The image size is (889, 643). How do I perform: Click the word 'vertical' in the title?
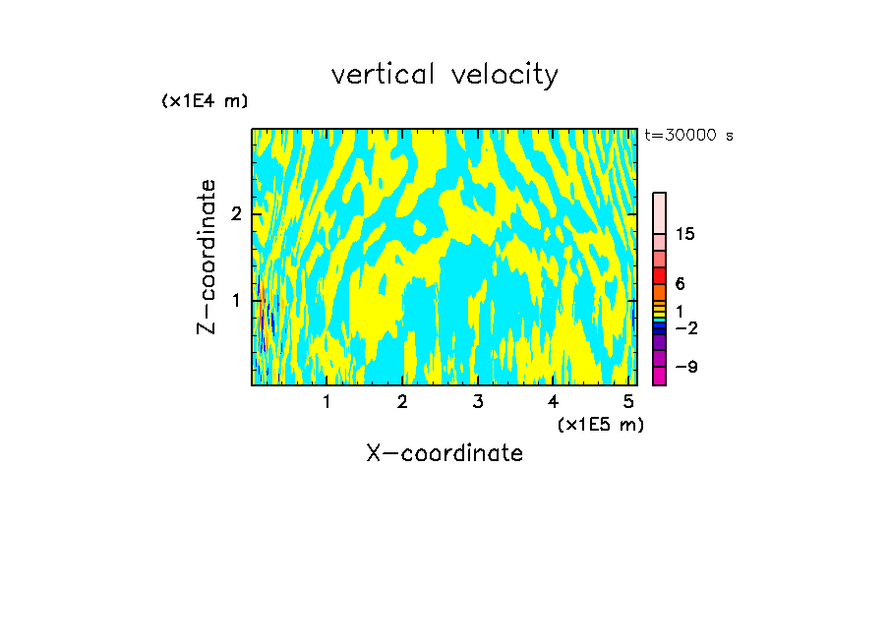(x=384, y=75)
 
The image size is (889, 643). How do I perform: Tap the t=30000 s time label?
(x=688, y=136)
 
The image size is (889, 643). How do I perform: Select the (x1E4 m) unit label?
(x=205, y=101)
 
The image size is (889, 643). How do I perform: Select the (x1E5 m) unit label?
(x=600, y=424)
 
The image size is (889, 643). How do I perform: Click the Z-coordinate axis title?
(x=207, y=257)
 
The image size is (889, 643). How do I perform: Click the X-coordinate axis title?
(x=444, y=453)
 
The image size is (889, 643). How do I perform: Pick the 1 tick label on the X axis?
(x=326, y=402)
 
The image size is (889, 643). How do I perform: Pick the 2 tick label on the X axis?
(x=402, y=402)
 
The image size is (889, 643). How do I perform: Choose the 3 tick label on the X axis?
(x=477, y=402)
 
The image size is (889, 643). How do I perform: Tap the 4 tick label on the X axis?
(x=553, y=402)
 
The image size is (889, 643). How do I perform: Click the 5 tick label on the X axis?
(x=627, y=402)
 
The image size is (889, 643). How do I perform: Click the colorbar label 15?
(x=685, y=234)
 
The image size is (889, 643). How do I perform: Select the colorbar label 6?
(x=680, y=284)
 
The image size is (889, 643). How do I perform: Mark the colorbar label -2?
(x=685, y=328)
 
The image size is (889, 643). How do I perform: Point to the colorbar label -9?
(x=685, y=368)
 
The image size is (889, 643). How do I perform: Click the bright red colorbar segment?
(x=659, y=275)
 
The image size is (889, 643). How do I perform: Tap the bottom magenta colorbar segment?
(x=659, y=376)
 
